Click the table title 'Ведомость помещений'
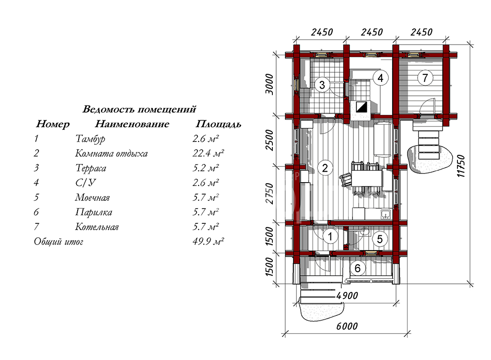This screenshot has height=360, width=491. (x=140, y=109)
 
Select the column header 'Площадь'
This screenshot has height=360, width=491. (x=218, y=124)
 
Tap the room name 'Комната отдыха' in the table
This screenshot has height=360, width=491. (x=111, y=153)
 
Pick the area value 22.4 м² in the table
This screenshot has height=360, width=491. (x=208, y=153)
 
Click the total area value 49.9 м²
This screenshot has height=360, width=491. (x=208, y=241)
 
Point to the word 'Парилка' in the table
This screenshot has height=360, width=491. (x=94, y=212)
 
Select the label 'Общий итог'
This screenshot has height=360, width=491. (x=58, y=242)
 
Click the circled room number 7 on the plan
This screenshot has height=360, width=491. (x=425, y=78)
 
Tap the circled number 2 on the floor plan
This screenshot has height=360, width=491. (x=325, y=168)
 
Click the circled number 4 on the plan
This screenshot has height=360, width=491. (x=380, y=78)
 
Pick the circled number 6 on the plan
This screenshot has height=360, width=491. (x=357, y=268)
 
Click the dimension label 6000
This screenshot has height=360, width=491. (x=347, y=326)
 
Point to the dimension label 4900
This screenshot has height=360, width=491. (x=347, y=295)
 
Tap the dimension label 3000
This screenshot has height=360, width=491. (x=269, y=84)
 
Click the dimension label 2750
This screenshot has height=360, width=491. (x=269, y=194)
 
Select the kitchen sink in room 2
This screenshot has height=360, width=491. (x=386, y=214)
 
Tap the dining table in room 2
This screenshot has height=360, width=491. (x=367, y=178)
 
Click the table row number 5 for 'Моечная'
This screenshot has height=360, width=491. (x=36, y=197)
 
